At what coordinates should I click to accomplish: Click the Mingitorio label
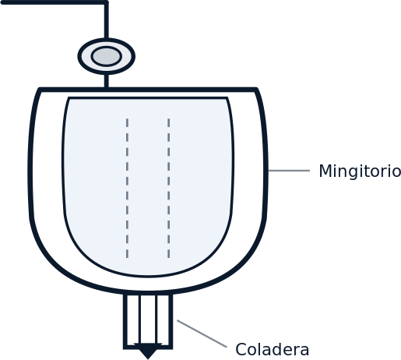click(x=360, y=171)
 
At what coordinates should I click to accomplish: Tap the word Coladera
click(x=273, y=350)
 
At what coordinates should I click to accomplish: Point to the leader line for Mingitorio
click(x=289, y=171)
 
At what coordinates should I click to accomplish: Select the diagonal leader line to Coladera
click(x=202, y=334)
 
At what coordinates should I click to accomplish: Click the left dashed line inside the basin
click(x=127, y=188)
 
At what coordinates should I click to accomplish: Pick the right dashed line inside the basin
click(x=169, y=188)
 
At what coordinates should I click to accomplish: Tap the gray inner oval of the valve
click(x=106, y=56)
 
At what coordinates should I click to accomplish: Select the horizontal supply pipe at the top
click(x=53, y=2)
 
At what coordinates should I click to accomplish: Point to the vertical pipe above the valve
click(x=107, y=21)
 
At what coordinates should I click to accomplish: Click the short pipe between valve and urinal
click(x=107, y=81)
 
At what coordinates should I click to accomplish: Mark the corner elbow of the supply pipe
click(x=107, y=2)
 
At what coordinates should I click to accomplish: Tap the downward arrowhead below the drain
click(x=148, y=351)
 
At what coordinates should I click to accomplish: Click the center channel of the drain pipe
click(x=148, y=319)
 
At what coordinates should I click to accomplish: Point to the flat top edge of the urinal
click(x=148, y=90)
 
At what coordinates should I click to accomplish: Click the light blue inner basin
click(x=148, y=187)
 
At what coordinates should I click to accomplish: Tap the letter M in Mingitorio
click(x=325, y=171)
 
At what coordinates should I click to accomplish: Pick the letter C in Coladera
click(x=241, y=350)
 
